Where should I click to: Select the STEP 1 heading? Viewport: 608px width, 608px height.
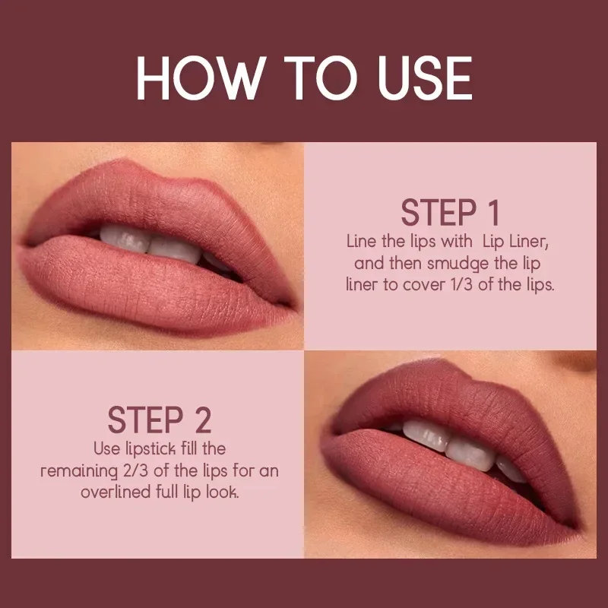[x=450, y=214]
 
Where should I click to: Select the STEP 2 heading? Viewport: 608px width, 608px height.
[x=159, y=420]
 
